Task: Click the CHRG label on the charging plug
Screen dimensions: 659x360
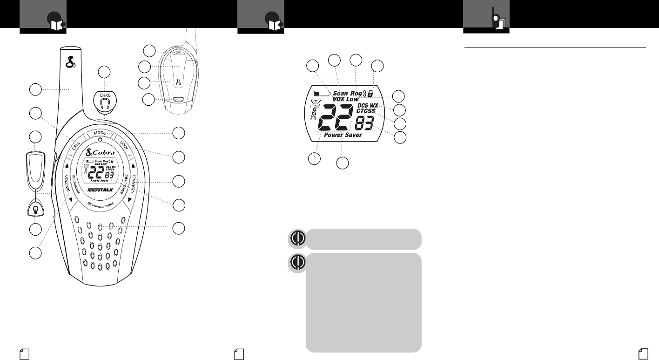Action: tap(104, 95)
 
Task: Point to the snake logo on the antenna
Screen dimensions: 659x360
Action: tap(71, 61)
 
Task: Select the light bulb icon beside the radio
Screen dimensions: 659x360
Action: tap(35, 208)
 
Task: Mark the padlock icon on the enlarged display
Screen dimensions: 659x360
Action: tap(370, 93)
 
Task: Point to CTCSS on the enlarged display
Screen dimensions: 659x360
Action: tap(369, 111)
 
